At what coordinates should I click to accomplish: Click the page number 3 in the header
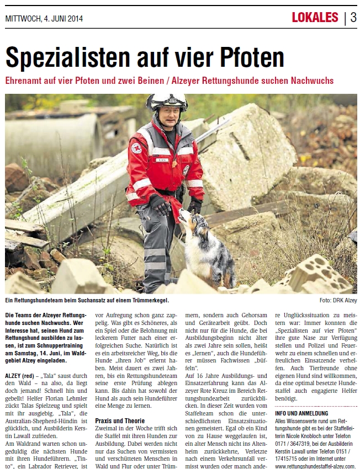click(353, 17)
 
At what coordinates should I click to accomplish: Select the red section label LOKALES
click(315, 17)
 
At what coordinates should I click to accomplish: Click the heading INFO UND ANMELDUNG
click(301, 413)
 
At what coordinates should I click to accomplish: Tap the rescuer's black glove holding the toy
click(161, 205)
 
